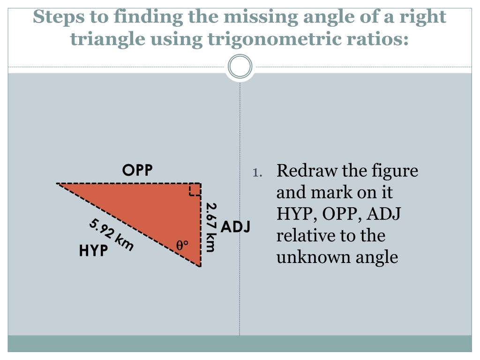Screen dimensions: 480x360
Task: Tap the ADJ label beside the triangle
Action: [236, 227]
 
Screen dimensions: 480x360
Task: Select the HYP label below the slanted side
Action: [93, 251]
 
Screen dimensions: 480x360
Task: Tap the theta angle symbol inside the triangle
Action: [182, 245]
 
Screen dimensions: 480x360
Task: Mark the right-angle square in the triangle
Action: [195, 189]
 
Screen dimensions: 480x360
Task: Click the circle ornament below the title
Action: [240, 67]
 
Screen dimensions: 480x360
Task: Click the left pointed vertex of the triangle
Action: [58, 183]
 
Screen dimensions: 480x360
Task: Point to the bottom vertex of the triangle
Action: [201, 266]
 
